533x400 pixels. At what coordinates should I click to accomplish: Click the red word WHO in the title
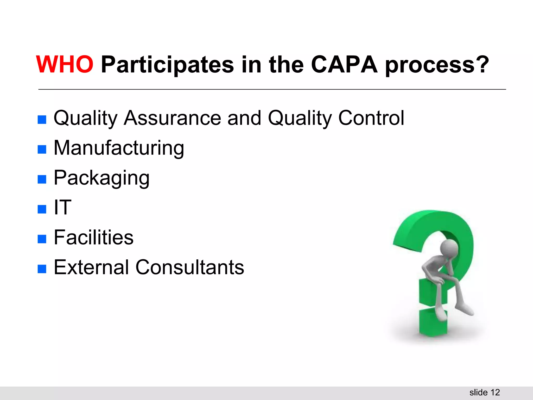[x=65, y=65]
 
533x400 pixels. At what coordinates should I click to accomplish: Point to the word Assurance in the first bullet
[x=172, y=118]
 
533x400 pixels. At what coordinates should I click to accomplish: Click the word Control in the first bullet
[x=371, y=118]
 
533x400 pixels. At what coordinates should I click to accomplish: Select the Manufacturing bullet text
[x=119, y=148]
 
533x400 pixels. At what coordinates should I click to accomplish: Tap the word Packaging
[x=101, y=178]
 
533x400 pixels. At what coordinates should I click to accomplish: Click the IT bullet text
[x=62, y=208]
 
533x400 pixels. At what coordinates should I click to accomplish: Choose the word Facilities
[x=93, y=238]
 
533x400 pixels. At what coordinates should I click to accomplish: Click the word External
[x=91, y=267]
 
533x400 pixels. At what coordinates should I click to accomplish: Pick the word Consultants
[x=190, y=267]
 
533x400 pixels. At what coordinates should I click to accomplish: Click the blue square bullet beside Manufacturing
[x=42, y=149]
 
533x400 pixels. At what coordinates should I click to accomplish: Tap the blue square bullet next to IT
[x=42, y=209]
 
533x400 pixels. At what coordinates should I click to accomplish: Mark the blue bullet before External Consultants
[x=42, y=269]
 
